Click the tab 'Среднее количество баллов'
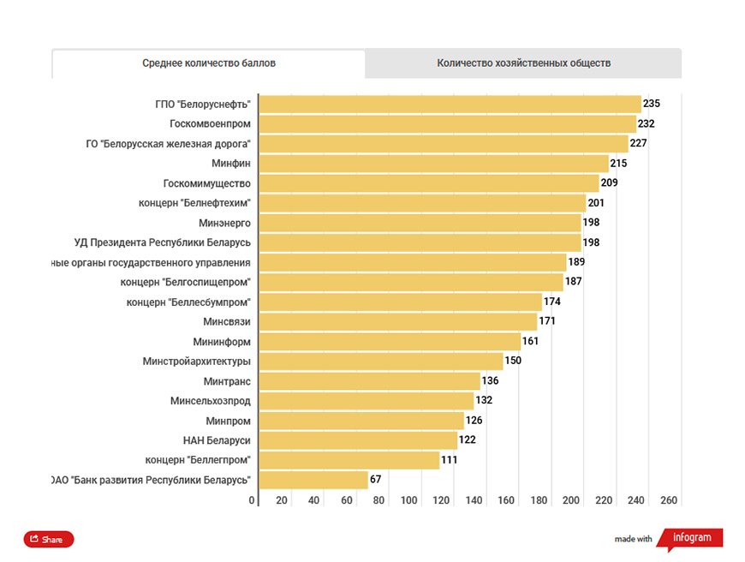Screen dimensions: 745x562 (209, 63)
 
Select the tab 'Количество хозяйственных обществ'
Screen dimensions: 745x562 (523, 63)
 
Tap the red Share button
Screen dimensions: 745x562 (49, 539)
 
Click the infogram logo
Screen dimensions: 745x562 (691, 538)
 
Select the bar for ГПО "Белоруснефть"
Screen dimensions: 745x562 (450, 105)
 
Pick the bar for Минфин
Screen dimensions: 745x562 (434, 164)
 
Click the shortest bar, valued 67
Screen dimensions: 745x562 (313, 480)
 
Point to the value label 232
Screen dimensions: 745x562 (647, 123)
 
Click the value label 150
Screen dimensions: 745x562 (513, 361)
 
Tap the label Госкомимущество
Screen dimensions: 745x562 (206, 183)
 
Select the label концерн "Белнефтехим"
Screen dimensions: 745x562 (194, 203)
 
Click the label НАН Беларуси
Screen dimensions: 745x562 (217, 440)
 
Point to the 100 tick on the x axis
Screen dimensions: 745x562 (408, 500)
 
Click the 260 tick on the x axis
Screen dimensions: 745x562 (669, 500)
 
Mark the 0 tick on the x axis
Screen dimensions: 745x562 (252, 500)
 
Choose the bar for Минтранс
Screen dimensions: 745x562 (370, 381)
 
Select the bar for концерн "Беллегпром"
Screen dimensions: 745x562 (349, 460)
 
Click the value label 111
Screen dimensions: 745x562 (449, 460)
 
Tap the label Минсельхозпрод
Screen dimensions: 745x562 (211, 401)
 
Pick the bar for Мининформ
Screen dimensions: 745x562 (390, 341)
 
